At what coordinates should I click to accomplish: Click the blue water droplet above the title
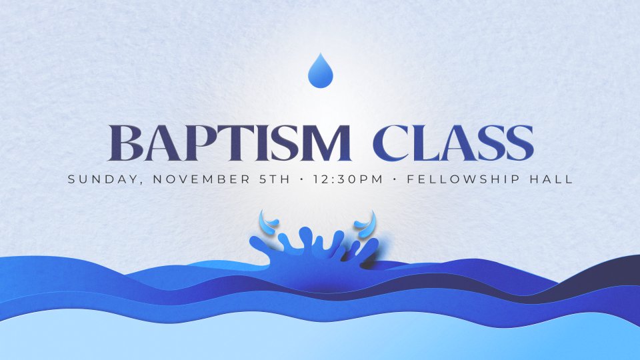tap(321, 71)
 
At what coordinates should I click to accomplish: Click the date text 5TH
tap(275, 179)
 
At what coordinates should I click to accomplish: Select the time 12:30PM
tap(348, 179)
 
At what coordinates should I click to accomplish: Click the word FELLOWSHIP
tap(463, 179)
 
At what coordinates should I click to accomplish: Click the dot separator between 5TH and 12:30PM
tap(301, 179)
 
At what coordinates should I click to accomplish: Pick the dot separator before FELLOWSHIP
tap(395, 179)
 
